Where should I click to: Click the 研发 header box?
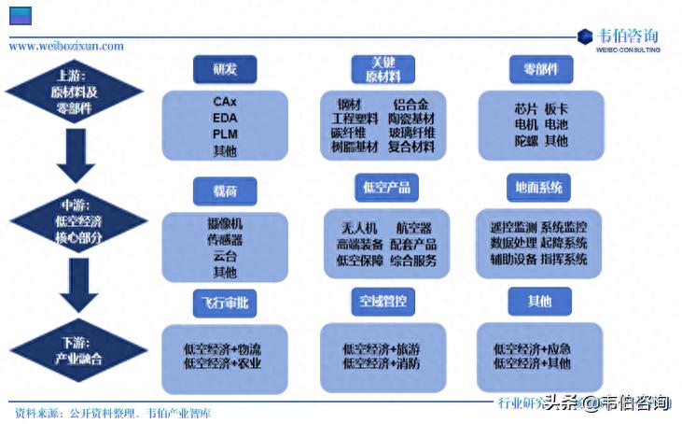224,69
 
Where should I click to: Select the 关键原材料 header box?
382,69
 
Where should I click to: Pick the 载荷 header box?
224,191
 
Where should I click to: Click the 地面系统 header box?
538,188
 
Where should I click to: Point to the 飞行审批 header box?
224,303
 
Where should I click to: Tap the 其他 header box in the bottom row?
538,301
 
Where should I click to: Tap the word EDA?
224,118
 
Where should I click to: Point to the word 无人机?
357,228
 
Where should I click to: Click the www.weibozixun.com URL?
66,46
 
